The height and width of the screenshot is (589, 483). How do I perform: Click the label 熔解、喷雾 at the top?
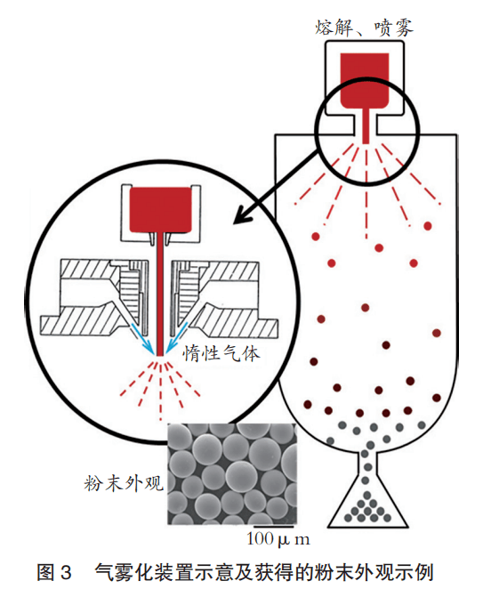[364, 28]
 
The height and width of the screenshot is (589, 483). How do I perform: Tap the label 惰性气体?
[221, 353]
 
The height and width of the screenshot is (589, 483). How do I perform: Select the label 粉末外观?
[124, 483]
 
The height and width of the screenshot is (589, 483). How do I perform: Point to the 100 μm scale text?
[278, 539]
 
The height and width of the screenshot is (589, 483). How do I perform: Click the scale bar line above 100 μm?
[273, 527]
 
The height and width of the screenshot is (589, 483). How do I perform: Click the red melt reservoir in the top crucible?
[365, 81]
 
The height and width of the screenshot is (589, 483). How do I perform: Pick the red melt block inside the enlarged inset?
[160, 209]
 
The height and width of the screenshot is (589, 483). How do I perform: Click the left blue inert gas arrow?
[142, 339]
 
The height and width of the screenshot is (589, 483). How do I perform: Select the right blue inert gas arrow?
[176, 339]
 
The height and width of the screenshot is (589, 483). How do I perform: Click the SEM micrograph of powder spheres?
[232, 473]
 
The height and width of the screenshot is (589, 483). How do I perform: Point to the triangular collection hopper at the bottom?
[367, 506]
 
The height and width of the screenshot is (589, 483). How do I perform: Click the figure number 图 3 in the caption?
[54, 572]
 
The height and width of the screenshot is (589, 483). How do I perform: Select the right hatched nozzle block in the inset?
[224, 298]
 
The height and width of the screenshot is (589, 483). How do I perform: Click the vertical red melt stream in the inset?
[160, 294]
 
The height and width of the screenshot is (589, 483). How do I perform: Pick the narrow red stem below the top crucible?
[366, 126]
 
